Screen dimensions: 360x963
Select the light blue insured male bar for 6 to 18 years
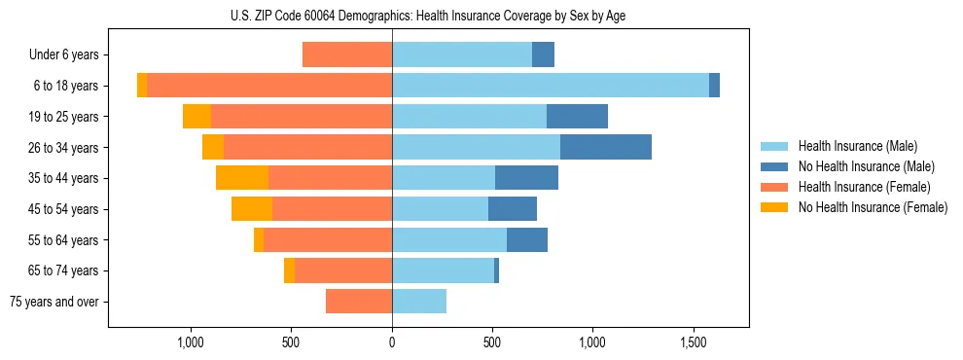(550, 86)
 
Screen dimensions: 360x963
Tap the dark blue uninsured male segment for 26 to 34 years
(605, 147)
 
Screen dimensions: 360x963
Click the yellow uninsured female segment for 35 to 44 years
(242, 178)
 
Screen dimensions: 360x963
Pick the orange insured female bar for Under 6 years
(347, 54)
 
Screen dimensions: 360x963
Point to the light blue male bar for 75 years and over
(419, 302)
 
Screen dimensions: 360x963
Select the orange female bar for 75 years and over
(359, 302)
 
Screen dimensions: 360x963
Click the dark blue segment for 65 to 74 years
(496, 270)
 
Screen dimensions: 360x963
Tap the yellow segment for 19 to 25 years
(197, 117)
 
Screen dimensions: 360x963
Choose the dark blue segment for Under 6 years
(543, 54)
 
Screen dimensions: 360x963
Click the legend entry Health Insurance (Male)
(856, 146)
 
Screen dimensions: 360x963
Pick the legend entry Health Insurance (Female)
(864, 187)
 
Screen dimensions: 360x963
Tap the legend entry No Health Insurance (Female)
(872, 207)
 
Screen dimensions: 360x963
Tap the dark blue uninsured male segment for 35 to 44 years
(526, 178)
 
